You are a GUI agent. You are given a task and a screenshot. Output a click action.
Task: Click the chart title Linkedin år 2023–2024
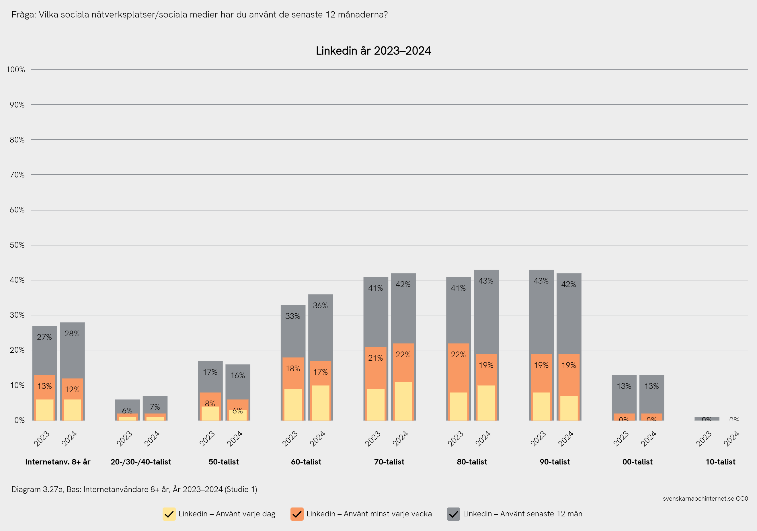[373, 51]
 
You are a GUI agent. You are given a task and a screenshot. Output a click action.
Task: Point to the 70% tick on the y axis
[17, 175]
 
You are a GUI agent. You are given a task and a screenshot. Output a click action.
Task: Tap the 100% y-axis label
[15, 70]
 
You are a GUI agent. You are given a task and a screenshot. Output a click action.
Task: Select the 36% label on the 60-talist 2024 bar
[320, 306]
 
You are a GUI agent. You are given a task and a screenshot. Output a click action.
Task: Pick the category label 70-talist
[389, 462]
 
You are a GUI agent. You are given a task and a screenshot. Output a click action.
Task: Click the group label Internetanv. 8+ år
[58, 462]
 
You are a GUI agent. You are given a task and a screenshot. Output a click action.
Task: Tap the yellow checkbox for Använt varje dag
[169, 514]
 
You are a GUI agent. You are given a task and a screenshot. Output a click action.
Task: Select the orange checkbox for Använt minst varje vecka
[297, 514]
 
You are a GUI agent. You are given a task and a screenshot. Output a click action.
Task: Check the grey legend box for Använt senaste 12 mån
[453, 514]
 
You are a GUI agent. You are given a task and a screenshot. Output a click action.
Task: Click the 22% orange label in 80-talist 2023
[458, 355]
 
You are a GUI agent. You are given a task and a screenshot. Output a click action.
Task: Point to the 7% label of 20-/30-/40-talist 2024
[155, 407]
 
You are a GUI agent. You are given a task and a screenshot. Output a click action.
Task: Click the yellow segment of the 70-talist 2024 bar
[403, 401]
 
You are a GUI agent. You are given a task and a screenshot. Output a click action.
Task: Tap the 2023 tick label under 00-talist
[621, 439]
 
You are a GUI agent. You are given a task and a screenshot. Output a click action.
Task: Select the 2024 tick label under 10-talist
[731, 439]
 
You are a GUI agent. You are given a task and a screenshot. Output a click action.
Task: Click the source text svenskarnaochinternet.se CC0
[705, 498]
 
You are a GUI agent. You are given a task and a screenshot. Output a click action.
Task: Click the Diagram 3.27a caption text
[134, 489]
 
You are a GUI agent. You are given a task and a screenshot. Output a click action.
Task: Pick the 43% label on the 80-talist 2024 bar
[486, 281]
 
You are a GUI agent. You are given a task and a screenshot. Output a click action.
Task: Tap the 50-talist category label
[224, 462]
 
